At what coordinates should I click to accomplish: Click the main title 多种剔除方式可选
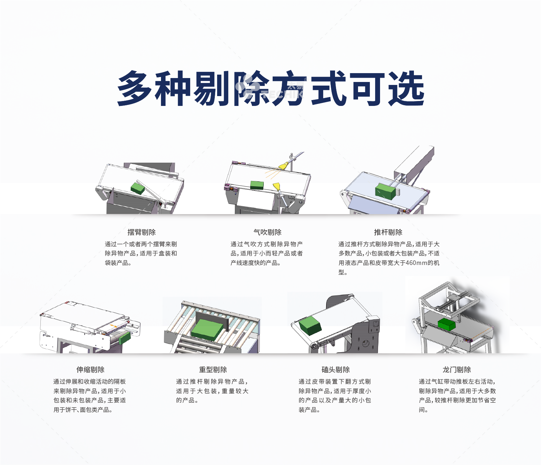(271, 88)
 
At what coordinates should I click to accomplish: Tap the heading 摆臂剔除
(142, 232)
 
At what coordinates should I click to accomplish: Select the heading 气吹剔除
(267, 232)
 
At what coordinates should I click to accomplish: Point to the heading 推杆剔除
(388, 232)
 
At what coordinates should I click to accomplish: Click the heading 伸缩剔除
(90, 370)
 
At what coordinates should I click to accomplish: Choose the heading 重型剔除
(213, 370)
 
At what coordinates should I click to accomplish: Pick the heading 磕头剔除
(336, 370)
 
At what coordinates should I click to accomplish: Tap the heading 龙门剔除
(457, 370)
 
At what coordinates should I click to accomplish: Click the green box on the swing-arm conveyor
(138, 188)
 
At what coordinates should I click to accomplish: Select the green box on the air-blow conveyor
(257, 185)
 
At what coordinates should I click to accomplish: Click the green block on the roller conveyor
(207, 329)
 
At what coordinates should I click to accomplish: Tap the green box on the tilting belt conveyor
(310, 326)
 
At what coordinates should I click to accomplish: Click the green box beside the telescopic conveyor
(124, 338)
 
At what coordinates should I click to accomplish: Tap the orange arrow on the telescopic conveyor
(113, 326)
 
